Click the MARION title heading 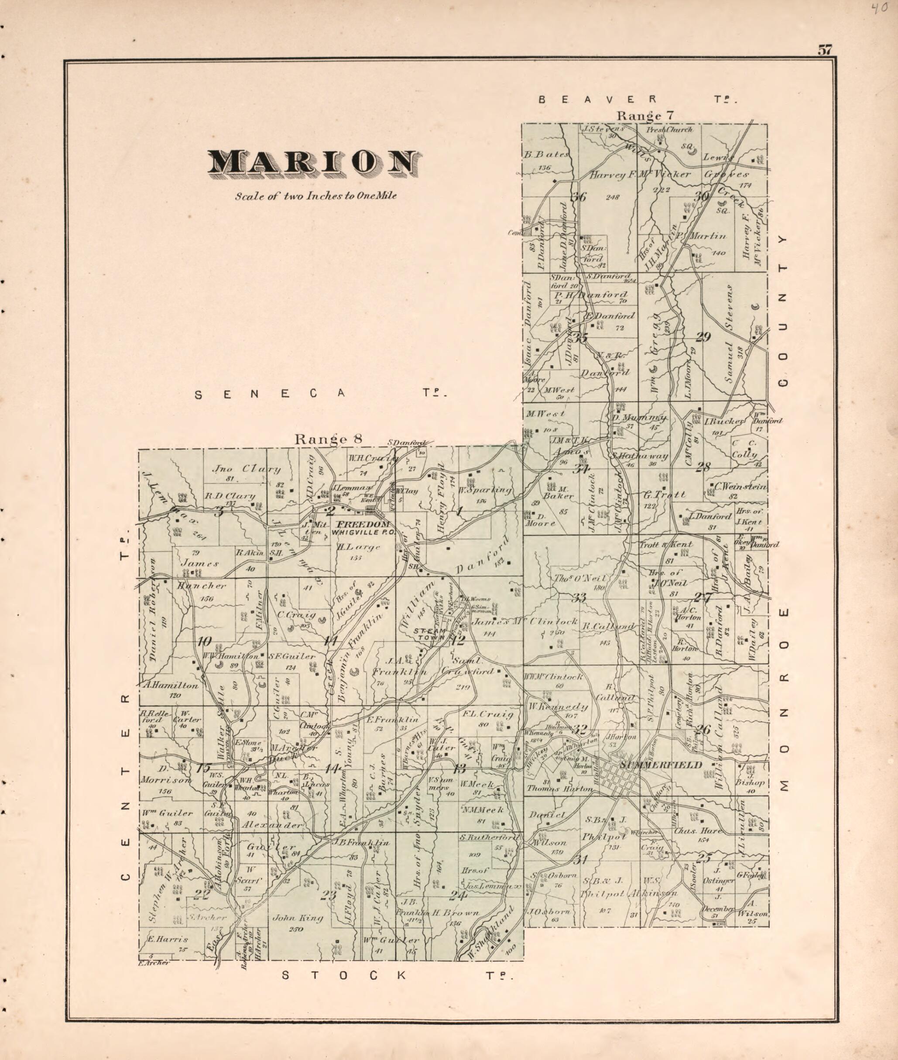tap(315, 163)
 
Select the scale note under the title tap(315, 196)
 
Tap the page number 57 tap(825, 50)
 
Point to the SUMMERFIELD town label tap(660, 765)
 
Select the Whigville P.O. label tap(361, 532)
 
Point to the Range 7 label tap(645, 116)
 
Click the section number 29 tap(703, 336)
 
